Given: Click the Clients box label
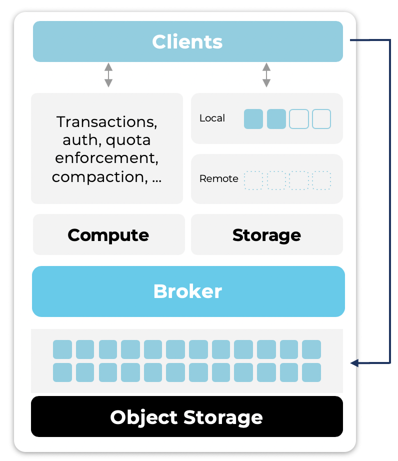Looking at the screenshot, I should click(x=187, y=41).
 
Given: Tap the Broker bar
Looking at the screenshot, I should click(x=187, y=291).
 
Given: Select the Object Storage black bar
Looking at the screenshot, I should click(x=186, y=417).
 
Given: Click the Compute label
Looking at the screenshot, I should click(x=108, y=235).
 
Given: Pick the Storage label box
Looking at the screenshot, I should click(x=266, y=235).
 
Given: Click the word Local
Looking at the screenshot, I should click(x=212, y=118).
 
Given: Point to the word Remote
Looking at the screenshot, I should click(x=218, y=178).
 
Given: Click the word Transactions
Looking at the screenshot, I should click(x=107, y=121).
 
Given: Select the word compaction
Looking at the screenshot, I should click(x=98, y=176).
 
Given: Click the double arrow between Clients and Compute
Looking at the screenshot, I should click(x=108, y=75).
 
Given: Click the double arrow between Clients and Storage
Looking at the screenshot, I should click(x=266, y=75).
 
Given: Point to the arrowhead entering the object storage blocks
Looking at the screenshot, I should click(x=354, y=363).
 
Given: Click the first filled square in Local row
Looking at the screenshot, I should click(x=253, y=119).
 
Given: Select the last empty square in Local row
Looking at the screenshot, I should click(x=321, y=119).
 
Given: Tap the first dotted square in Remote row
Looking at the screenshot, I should click(x=253, y=180).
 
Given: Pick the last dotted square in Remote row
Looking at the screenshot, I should click(x=321, y=180).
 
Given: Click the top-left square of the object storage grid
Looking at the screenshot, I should click(x=62, y=349).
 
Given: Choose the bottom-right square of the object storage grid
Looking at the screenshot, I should click(x=311, y=372).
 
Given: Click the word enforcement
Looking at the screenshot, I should click(x=107, y=158).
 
